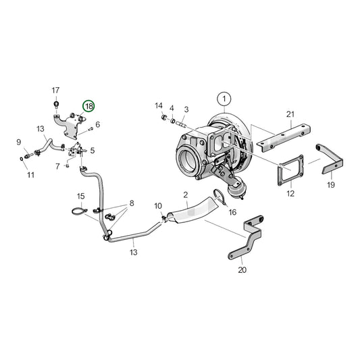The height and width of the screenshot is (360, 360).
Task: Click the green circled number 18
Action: [x=89, y=107]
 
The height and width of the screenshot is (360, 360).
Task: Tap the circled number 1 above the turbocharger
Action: [x=224, y=99]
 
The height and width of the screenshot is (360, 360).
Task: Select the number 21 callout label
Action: [x=291, y=114]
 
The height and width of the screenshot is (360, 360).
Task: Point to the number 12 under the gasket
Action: [x=290, y=194]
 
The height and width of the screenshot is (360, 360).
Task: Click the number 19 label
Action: [x=331, y=184]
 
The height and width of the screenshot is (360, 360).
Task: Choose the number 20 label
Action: [x=242, y=270]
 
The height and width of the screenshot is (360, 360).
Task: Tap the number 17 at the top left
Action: [x=56, y=90]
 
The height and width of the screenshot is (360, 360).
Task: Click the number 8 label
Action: [x=132, y=203]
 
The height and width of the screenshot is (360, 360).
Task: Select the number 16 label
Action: [x=232, y=211]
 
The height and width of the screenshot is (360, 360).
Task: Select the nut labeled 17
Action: [x=56, y=104]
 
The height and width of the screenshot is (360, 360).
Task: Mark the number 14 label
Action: [x=159, y=105]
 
